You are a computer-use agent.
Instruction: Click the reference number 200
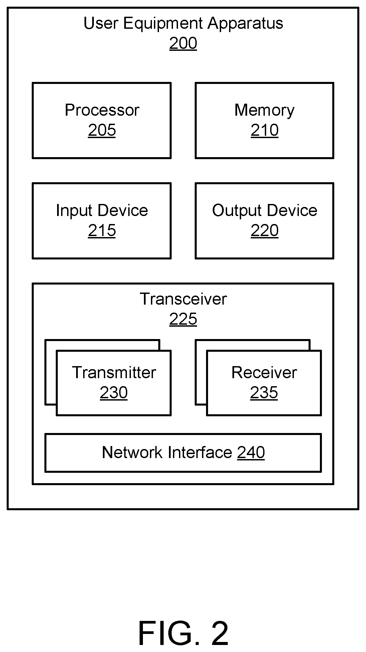183,43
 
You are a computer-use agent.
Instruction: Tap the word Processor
102,110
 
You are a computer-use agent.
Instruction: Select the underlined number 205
102,130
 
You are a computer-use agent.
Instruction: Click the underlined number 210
264,130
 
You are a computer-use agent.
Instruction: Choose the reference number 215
102,230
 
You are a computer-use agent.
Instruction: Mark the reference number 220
264,230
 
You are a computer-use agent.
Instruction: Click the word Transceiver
183,299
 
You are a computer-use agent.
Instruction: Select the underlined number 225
183,319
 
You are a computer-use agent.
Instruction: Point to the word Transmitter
114,372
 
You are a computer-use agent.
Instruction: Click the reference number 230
114,392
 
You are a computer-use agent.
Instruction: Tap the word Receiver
264,372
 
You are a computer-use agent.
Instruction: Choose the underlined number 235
264,392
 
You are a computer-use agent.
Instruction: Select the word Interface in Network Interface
200,452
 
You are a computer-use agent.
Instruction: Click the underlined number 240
251,452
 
